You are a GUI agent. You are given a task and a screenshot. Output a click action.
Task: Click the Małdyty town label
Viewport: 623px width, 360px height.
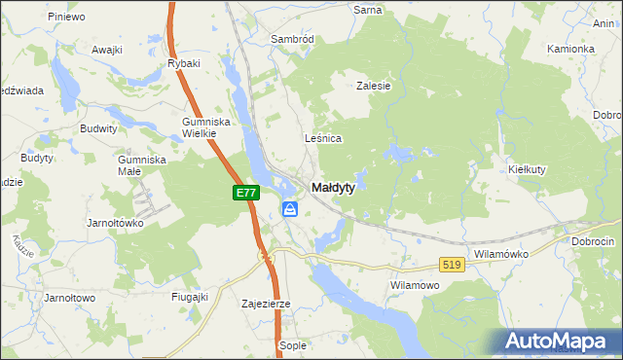point(332,188)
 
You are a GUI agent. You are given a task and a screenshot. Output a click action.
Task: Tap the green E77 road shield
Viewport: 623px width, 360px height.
point(246,194)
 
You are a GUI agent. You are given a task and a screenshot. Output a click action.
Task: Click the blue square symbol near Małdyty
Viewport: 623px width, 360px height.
point(290,209)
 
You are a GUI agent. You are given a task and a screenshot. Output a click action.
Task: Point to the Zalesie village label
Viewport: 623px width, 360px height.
point(373,86)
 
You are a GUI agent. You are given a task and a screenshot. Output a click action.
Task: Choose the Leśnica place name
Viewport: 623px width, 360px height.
point(323,138)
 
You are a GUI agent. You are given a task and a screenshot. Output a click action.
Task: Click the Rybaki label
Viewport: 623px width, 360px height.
point(184,63)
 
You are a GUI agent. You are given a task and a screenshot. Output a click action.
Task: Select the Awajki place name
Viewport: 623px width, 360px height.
point(107,50)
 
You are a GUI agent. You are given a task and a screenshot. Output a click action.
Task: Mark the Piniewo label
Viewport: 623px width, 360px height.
point(67,17)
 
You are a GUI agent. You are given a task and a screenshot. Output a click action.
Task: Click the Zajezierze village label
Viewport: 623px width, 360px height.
point(266,304)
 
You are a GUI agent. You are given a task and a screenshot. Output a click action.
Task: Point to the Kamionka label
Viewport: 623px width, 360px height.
point(570,49)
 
